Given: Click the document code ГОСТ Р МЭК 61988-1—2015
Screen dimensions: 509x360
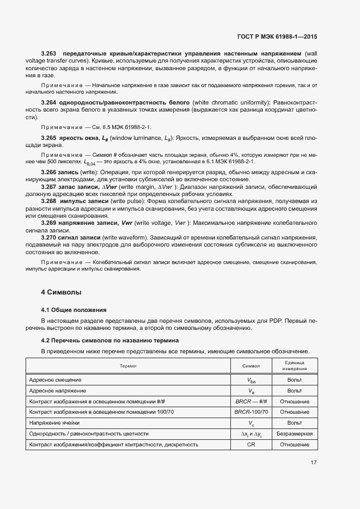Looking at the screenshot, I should click(277, 36).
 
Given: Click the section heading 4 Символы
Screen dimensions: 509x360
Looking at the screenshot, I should click(61, 292).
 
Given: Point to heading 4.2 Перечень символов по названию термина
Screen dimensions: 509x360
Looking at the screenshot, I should click(111, 340).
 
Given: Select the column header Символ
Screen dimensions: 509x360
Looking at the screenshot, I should click(251, 366).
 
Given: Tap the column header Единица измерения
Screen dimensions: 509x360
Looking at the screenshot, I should click(294, 366).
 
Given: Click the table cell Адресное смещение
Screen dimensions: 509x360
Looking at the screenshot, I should click(55, 380).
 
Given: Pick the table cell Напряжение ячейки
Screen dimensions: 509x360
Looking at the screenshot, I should click(54, 423).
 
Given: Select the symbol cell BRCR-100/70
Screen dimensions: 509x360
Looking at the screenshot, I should click(251, 412).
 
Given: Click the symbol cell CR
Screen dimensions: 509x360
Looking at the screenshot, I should click(251, 445).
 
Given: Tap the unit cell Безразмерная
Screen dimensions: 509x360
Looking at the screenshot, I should click(294, 434).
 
